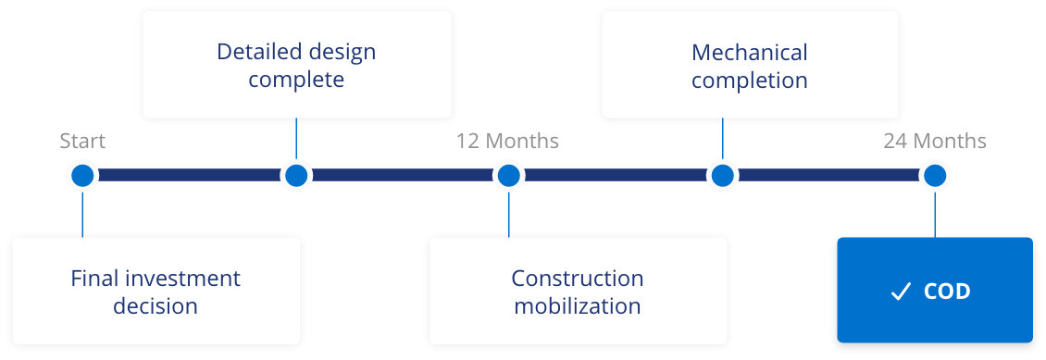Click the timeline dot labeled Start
[x=82, y=175]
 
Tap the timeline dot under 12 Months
[x=508, y=175]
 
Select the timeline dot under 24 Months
[x=935, y=175]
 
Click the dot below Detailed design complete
[x=296, y=175]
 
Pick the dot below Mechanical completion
[x=722, y=175]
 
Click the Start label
[x=82, y=142]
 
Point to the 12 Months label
[x=507, y=142]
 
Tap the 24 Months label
[x=935, y=142]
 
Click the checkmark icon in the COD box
[x=900, y=292]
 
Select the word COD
[x=947, y=292]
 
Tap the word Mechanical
[x=750, y=53]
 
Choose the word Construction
[x=578, y=279]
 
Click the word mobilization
[x=578, y=306]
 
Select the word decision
[x=156, y=306]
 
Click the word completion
[x=750, y=81]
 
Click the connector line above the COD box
[x=935, y=214]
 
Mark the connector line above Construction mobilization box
[x=508, y=214]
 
